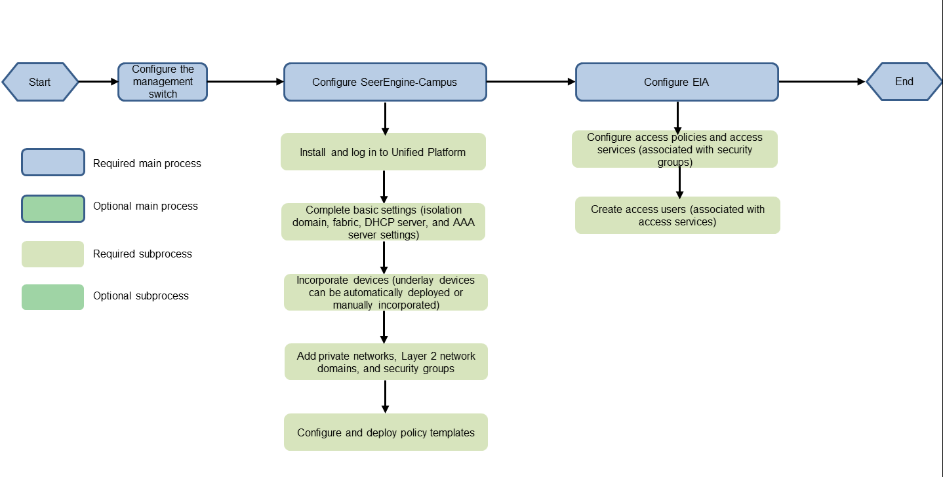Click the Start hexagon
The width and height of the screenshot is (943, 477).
(x=40, y=82)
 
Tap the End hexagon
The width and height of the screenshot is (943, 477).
(x=904, y=82)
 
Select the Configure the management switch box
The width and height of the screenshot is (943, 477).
(x=163, y=82)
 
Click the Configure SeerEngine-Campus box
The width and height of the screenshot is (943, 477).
(x=385, y=82)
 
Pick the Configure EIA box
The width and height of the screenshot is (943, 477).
(x=677, y=82)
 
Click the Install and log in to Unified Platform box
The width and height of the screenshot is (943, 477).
(x=383, y=152)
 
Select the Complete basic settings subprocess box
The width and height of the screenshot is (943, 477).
(x=383, y=222)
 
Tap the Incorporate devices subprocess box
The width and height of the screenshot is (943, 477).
(x=386, y=292)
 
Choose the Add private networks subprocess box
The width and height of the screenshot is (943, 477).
(x=386, y=362)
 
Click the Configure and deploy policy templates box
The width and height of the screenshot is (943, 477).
(x=386, y=432)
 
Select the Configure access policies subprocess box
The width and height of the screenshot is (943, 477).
(x=674, y=149)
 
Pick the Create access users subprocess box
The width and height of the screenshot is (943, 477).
(x=677, y=216)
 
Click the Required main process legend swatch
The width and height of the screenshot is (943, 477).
(x=53, y=162)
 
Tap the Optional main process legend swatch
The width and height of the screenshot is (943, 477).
(x=53, y=208)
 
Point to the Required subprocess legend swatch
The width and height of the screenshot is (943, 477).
(x=52, y=254)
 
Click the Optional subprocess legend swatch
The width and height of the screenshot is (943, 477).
(x=52, y=297)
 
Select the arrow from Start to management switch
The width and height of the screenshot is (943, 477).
(x=98, y=82)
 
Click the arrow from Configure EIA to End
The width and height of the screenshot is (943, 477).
(x=822, y=82)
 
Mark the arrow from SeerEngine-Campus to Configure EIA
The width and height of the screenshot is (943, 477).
(x=531, y=82)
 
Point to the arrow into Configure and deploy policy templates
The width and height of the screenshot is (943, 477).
(x=385, y=396)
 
